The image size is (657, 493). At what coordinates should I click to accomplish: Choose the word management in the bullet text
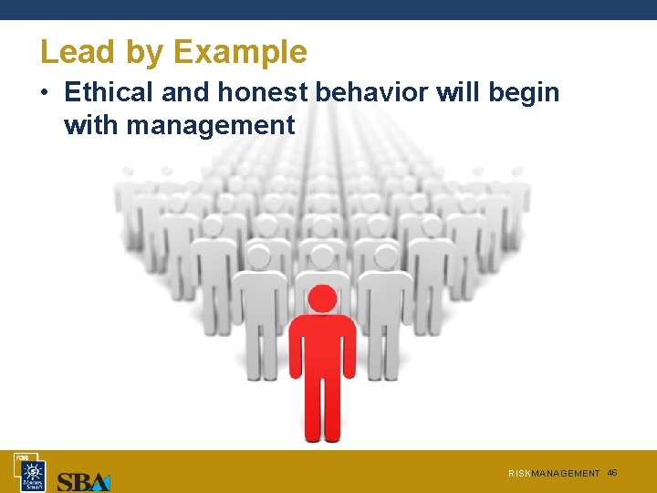(x=211, y=125)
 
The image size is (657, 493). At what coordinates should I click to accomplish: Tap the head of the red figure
(x=322, y=299)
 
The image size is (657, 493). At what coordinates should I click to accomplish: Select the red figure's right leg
(x=334, y=406)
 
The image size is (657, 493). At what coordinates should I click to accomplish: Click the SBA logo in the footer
(x=83, y=481)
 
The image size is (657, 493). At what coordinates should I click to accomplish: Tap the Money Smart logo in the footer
(x=32, y=473)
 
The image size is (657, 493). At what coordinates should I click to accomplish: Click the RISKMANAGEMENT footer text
(x=554, y=474)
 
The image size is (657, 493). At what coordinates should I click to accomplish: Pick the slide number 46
(x=612, y=473)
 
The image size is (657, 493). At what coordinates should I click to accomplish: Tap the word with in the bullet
(x=91, y=125)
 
